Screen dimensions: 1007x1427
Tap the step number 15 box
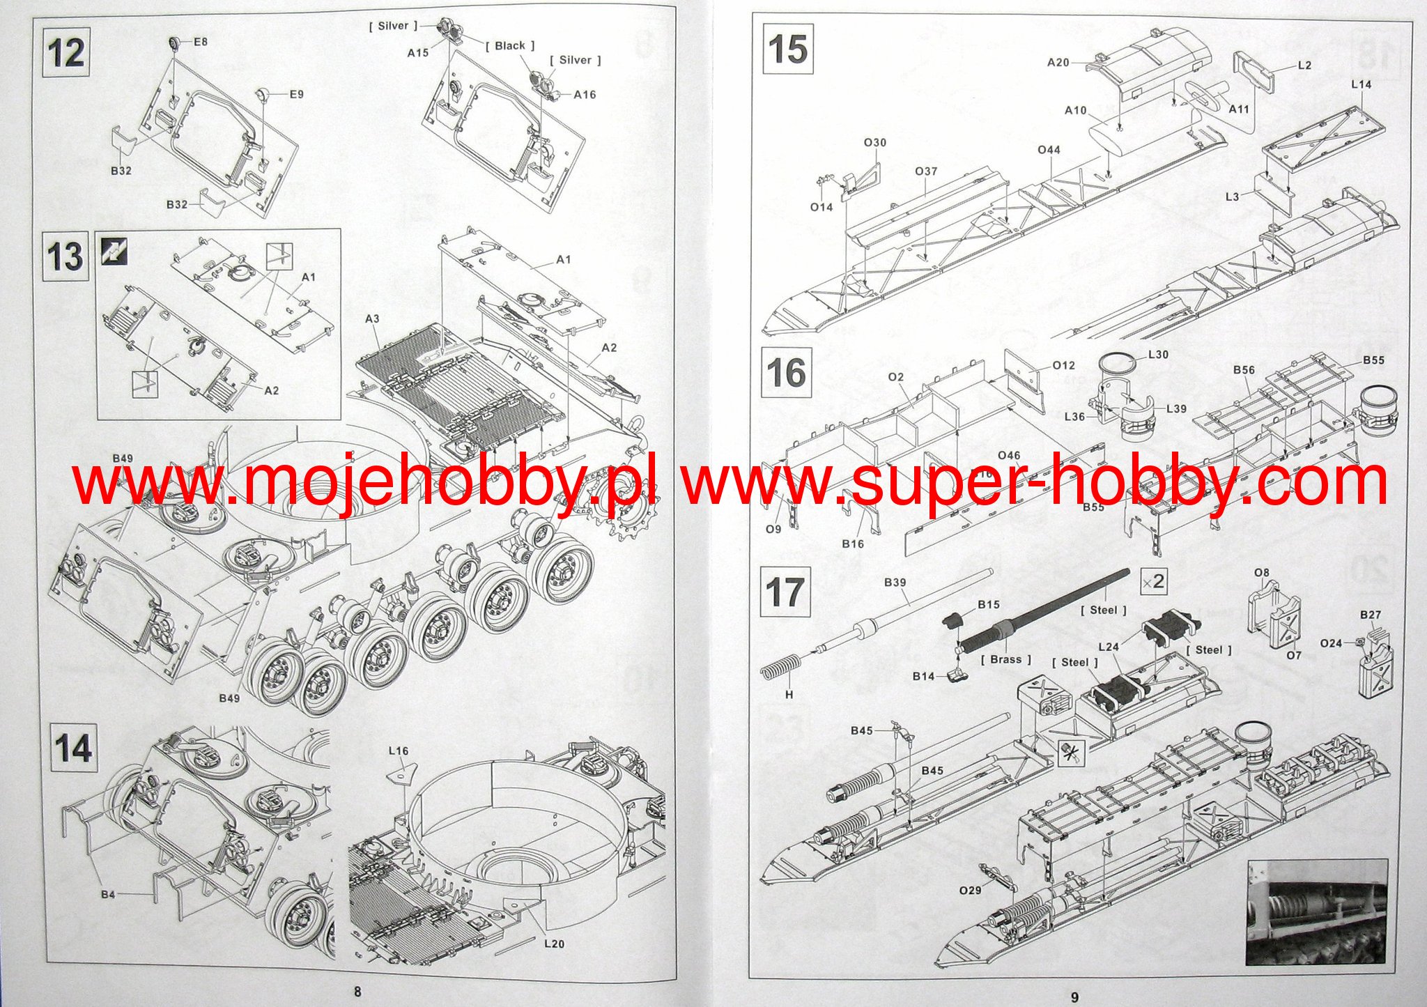[788, 49]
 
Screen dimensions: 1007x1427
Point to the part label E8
[201, 42]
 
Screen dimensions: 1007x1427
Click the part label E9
[296, 94]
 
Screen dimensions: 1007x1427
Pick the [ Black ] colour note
[510, 46]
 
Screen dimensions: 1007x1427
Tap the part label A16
[585, 95]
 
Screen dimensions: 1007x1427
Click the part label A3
[372, 319]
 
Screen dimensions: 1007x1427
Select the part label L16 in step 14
[399, 751]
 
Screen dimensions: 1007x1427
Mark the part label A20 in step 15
[1058, 63]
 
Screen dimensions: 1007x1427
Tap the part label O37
[926, 171]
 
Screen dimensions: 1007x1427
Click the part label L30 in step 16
[1157, 355]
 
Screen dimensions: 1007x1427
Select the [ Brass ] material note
[1005, 659]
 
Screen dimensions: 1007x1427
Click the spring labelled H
[776, 672]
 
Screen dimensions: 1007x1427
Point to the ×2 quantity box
[1153, 581]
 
